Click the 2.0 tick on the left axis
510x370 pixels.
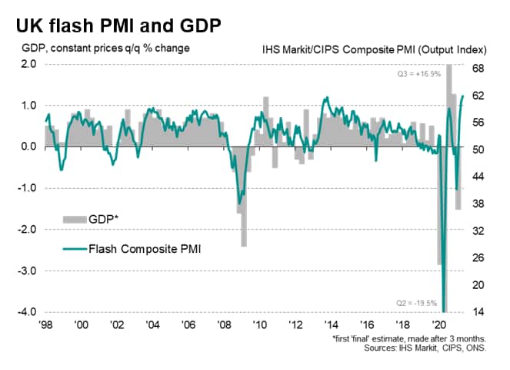28,64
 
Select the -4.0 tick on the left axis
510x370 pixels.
27,312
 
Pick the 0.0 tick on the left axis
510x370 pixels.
28,146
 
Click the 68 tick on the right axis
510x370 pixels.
478,69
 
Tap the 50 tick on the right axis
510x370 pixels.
478,150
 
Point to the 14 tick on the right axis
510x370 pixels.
478,312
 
